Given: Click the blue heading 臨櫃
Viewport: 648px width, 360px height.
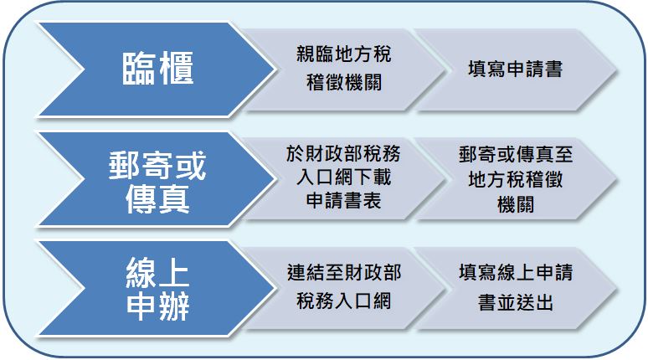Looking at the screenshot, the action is (157, 69).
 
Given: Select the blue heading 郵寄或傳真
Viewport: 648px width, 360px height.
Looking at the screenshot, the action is (157, 182).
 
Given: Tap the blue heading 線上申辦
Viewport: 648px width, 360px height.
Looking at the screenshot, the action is (157, 289).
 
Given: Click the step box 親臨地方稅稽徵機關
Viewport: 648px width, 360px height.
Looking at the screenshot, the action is (344, 69).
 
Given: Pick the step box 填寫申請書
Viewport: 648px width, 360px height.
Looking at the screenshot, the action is (516, 69).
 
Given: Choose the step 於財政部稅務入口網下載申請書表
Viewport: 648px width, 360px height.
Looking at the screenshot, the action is (344, 177).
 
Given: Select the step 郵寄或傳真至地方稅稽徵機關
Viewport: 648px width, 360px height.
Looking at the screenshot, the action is (516, 178).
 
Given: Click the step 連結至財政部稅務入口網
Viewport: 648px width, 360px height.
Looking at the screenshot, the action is (344, 287).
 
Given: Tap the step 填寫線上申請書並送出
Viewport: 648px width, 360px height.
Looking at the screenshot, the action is (516, 287).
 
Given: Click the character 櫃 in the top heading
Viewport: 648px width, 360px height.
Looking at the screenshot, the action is (177, 69).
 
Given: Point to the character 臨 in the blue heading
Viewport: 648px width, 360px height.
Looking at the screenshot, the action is (139, 69).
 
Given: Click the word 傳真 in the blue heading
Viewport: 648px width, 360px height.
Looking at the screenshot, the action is (157, 198).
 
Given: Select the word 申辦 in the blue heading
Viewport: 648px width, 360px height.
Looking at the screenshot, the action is (157, 306).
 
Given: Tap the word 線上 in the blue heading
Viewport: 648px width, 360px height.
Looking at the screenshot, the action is (157, 272).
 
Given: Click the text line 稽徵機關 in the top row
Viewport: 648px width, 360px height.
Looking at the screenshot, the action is (344, 82).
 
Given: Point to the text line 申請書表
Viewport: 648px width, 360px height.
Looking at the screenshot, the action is (344, 200).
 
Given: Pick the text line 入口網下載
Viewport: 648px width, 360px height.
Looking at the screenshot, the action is (344, 177).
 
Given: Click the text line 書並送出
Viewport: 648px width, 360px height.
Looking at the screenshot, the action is (516, 302).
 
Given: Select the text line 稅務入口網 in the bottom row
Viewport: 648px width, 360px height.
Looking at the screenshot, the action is (344, 301).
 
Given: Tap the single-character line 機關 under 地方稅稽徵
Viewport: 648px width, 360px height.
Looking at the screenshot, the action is (516, 204).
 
